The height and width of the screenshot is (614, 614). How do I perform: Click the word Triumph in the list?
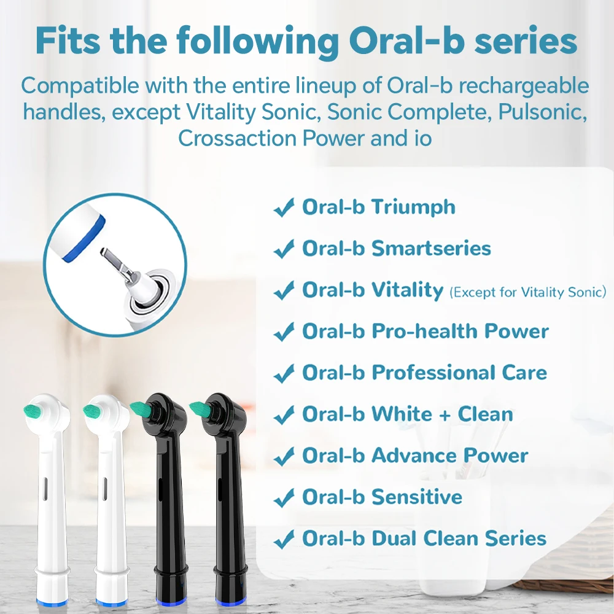[414, 208]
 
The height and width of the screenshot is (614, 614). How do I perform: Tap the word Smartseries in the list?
[432, 249]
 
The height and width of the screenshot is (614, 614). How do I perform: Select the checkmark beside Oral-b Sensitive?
[283, 498]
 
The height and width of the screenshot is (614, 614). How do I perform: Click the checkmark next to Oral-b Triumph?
[283, 209]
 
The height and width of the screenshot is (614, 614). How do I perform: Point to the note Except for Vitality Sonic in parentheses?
[528, 292]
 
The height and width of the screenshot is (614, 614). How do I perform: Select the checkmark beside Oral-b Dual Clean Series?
[283, 540]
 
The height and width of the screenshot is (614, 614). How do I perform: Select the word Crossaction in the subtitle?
[237, 138]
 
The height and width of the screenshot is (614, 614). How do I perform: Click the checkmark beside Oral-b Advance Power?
[283, 457]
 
